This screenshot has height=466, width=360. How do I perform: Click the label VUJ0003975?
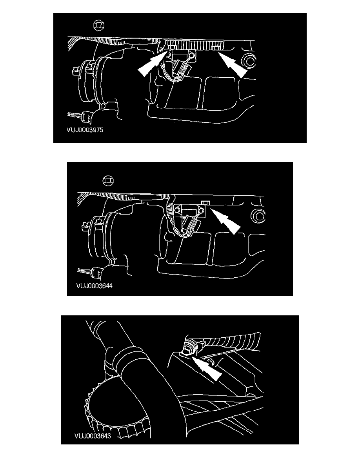coord(85,130)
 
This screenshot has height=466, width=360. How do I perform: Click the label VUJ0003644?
coord(94,286)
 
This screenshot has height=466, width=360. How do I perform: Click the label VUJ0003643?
coord(93,436)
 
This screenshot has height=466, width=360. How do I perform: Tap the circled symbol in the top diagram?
coord(98,25)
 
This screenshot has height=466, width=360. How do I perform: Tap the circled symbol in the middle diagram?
coord(108,180)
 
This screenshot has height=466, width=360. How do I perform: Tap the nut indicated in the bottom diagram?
coord(187,349)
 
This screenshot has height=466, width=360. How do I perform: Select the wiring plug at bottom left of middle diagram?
coord(96,271)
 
